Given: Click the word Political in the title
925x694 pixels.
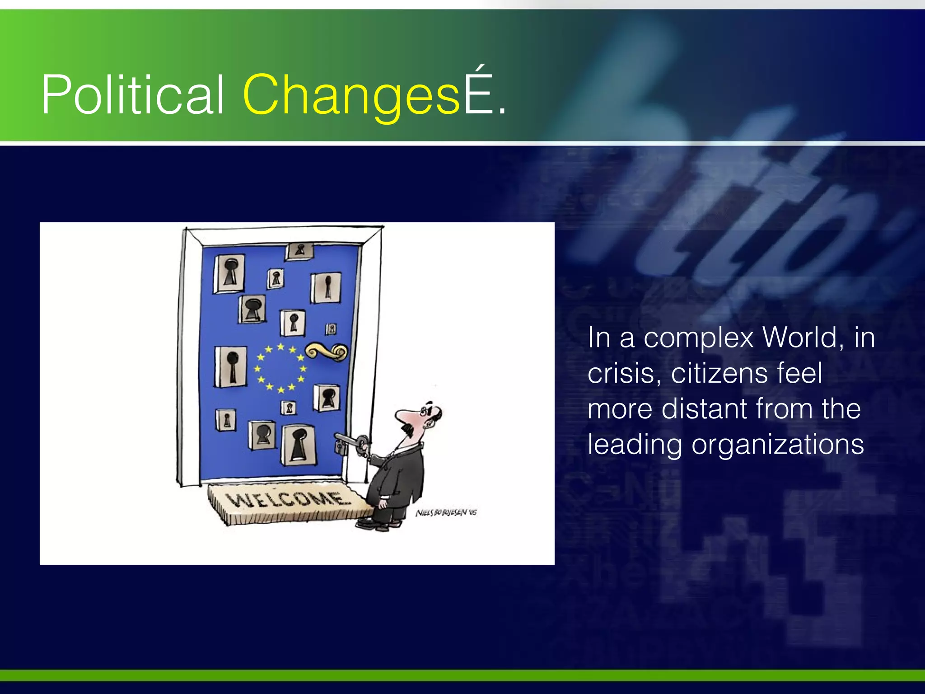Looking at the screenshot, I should (132, 95).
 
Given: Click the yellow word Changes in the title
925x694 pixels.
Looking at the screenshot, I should (351, 95).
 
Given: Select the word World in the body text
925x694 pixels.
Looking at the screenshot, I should (802, 338).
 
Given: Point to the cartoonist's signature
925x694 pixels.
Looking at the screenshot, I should (446, 513).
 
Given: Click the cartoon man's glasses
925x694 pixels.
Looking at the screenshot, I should (425, 411).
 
